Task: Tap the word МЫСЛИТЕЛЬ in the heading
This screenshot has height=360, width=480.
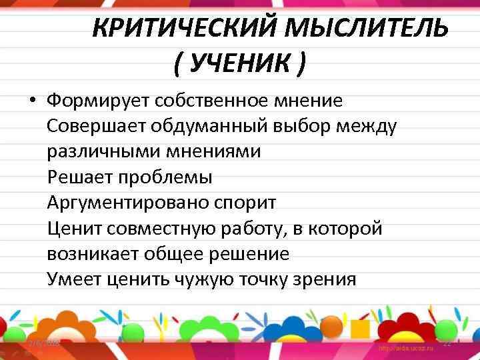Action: point(367,30)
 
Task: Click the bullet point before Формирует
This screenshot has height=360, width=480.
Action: point(32,101)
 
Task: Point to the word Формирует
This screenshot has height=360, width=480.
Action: point(98,101)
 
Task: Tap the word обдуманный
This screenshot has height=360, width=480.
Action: point(205,127)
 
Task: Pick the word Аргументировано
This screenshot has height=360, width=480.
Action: point(129,203)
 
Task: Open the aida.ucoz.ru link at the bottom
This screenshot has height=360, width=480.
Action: point(407,349)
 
